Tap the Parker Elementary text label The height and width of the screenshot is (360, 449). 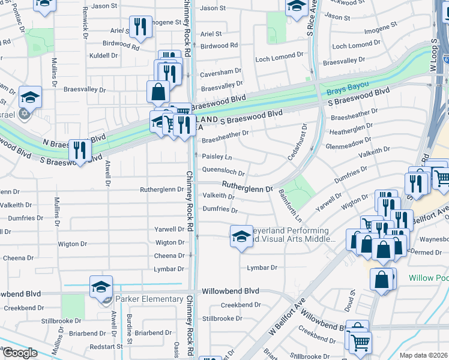pyautogui.click(x=149, y=299)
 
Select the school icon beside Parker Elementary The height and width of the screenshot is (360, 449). pyautogui.click(x=101, y=287)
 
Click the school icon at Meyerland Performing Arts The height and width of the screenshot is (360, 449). pyautogui.click(x=241, y=235)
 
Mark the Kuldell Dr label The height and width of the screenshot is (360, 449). pyautogui.click(x=103, y=56)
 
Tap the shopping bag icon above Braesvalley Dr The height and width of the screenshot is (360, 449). pyautogui.click(x=158, y=92)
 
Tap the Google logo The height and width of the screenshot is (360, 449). pyautogui.click(x=20, y=352)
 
